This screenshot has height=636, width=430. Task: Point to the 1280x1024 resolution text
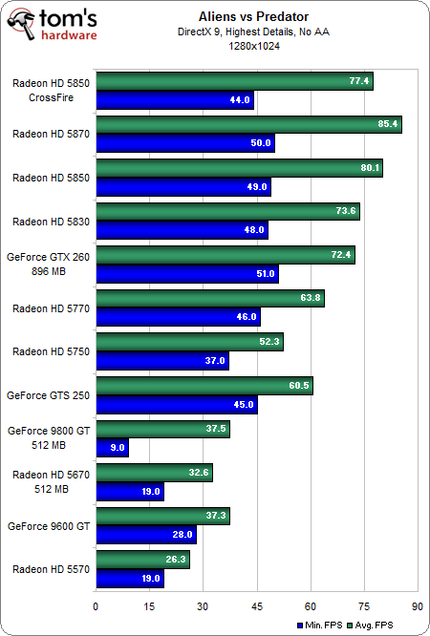click(256, 46)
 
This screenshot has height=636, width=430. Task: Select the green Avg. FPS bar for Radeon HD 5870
click(248, 124)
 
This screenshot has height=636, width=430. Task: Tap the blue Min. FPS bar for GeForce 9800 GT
click(112, 448)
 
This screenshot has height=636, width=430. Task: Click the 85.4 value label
click(386, 124)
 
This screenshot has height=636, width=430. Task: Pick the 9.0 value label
click(113, 448)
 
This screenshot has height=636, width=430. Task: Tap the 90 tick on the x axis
click(417, 605)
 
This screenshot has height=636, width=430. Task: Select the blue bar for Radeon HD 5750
click(161, 361)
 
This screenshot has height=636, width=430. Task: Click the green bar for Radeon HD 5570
click(142, 560)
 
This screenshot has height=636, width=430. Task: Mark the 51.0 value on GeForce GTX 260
click(263, 274)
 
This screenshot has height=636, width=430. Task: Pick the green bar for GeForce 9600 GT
click(162, 517)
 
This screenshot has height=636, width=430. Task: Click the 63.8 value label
click(309, 298)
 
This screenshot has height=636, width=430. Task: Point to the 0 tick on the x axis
click(96, 605)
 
